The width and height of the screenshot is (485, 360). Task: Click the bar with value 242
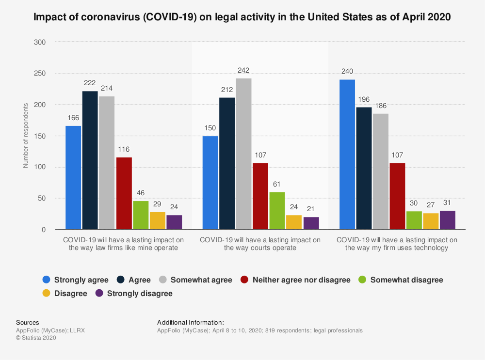coord(243,154)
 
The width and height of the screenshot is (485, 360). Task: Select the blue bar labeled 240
coord(347,155)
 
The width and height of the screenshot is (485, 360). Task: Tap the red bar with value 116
coord(124,193)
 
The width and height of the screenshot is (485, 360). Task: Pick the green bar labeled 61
coord(277,211)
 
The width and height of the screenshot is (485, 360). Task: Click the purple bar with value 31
coord(447,220)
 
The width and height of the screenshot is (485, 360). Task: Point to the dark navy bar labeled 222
coord(90,160)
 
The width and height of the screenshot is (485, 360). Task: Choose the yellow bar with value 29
coord(157,220)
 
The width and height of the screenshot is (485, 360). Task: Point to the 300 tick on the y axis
coord(40,43)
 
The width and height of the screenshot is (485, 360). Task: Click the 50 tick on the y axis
coord(42,199)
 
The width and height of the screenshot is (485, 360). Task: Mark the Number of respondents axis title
coord(26,136)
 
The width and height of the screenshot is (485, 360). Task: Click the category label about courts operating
coord(260,244)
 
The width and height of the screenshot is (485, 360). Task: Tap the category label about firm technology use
coord(397,244)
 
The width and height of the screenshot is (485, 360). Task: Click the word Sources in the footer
coord(28,323)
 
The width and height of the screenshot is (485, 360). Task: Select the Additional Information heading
coord(191,323)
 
